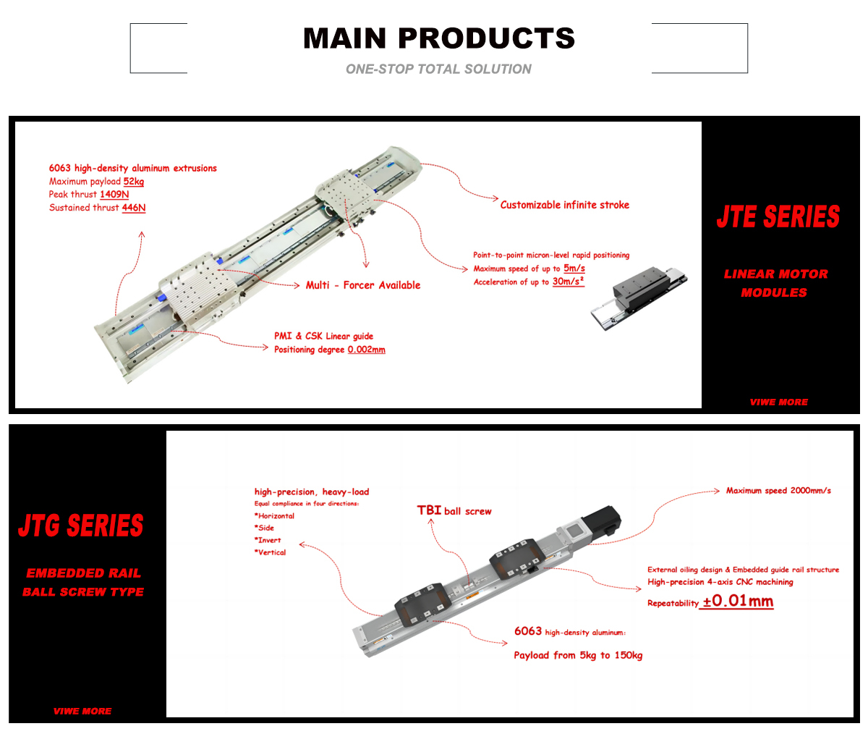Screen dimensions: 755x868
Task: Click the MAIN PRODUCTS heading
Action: coord(438,38)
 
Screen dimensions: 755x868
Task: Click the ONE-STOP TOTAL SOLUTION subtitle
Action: coord(438,69)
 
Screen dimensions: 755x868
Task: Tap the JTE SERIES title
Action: coord(778,217)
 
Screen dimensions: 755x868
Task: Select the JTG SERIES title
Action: coord(81,526)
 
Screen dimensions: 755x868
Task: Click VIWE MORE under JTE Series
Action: coord(779,402)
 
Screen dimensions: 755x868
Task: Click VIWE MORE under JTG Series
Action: coord(82,712)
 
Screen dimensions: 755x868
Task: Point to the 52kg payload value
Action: coord(134,182)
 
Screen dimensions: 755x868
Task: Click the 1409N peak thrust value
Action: coord(114,195)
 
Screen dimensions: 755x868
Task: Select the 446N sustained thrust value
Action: coord(134,208)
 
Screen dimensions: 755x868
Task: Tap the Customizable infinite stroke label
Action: coord(565,205)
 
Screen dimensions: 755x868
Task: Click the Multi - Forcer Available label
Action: coord(363,285)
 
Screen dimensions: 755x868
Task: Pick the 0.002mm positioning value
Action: coord(367,350)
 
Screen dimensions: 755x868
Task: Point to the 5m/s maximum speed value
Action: coord(574,269)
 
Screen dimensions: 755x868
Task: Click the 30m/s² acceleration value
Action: coord(569,282)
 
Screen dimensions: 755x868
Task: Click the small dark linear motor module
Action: coord(638,297)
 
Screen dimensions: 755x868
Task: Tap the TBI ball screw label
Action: coord(454,511)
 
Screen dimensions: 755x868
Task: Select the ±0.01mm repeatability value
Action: coord(737,602)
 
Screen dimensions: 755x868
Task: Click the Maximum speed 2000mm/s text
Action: coord(778,491)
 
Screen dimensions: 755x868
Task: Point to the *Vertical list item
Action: coord(271,552)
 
